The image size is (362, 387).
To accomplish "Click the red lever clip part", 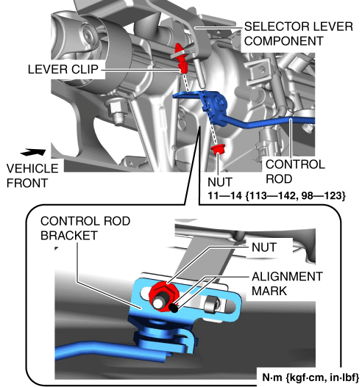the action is (x=182, y=58).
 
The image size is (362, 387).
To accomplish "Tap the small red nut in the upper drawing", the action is (x=218, y=148).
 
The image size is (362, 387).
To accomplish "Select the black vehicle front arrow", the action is (x=33, y=152).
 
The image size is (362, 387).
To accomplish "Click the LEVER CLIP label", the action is (x=63, y=69).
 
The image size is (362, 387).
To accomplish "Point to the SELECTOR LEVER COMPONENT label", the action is (x=299, y=34).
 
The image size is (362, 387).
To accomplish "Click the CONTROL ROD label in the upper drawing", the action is (x=295, y=172).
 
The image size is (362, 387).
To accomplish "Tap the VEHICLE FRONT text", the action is (x=32, y=176).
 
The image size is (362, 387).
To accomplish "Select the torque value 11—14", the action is (x=224, y=196).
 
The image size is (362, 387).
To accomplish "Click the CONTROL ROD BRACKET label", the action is (x=85, y=228).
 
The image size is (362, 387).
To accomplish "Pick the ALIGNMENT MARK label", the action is (x=288, y=283).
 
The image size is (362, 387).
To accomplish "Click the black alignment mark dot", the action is (x=174, y=308).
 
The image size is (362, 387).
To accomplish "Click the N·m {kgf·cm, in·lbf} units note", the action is (x=310, y=377).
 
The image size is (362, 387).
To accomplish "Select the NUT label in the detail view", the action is (x=264, y=247).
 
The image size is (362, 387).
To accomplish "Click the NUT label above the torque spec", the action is (x=220, y=182).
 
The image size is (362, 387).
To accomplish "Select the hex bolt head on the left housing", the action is (x=116, y=111).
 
